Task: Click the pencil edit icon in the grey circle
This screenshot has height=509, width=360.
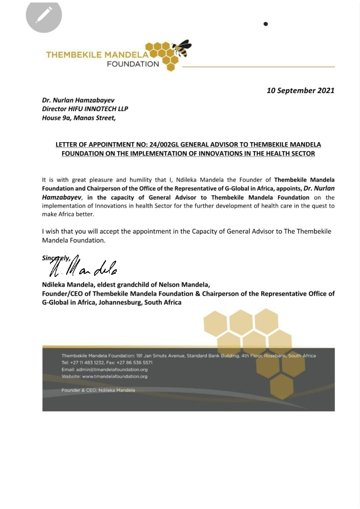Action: (44, 15)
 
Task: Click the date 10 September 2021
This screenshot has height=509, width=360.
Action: (300, 91)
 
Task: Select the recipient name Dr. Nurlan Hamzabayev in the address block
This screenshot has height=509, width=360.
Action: (79, 100)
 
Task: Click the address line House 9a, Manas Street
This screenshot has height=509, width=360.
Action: (79, 118)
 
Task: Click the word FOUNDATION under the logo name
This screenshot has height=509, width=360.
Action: (133, 64)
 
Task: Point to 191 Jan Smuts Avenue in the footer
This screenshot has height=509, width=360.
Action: (160, 355)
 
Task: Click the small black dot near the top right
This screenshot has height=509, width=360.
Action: (266, 24)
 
